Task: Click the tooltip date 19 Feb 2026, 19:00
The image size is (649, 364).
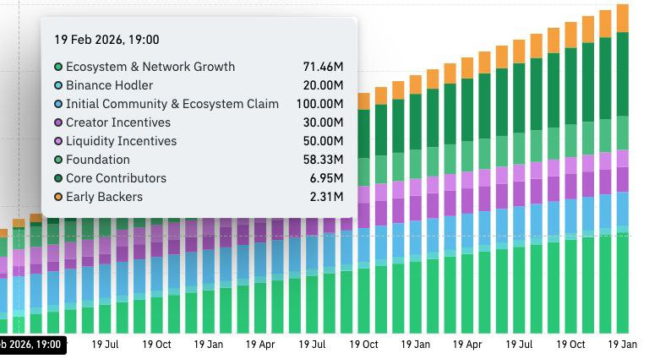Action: (106, 40)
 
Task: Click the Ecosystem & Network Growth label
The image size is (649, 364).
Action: (150, 67)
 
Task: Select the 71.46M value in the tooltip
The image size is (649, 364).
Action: (323, 67)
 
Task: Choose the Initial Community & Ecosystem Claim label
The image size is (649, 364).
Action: (172, 104)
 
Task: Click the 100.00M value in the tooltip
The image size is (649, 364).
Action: (320, 104)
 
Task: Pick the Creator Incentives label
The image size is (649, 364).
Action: (118, 122)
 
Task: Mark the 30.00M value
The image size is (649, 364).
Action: (323, 122)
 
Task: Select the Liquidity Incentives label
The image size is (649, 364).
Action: (122, 141)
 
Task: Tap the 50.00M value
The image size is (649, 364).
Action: (323, 141)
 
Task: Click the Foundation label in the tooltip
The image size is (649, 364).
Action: (98, 160)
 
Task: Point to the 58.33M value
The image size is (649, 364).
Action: (323, 160)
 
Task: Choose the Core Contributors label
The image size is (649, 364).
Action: (117, 178)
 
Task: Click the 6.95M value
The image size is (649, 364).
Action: (326, 178)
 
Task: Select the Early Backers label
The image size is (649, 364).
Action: (105, 197)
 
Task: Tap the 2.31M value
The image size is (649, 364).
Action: (326, 197)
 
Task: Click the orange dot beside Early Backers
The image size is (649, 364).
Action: (58, 197)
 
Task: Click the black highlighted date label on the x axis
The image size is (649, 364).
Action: (30, 345)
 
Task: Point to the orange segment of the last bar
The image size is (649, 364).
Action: (623, 18)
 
